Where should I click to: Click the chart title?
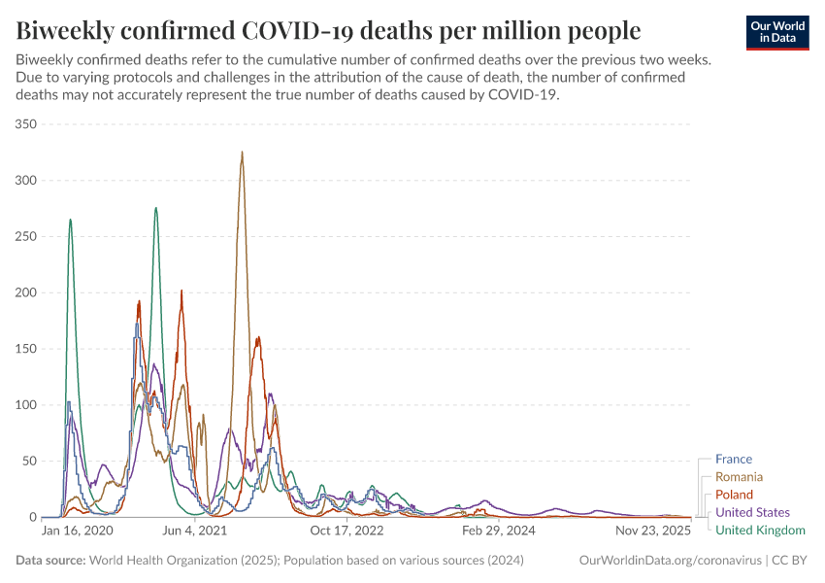coord(328,30)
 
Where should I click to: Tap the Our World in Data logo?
coord(776,32)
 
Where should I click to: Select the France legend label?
coord(733,460)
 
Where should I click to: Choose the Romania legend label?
coord(739,477)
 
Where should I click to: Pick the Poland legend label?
coord(734,495)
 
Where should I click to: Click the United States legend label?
coord(752,512)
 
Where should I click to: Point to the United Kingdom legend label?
coord(760,530)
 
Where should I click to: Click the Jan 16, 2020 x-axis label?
coord(78,532)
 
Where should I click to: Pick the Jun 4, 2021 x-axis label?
coord(196,532)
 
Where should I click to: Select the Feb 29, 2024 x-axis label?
coord(499,532)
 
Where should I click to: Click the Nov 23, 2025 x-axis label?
coord(652,532)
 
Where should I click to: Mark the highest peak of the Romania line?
coord(242,152)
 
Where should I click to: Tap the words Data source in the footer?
coord(49,561)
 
